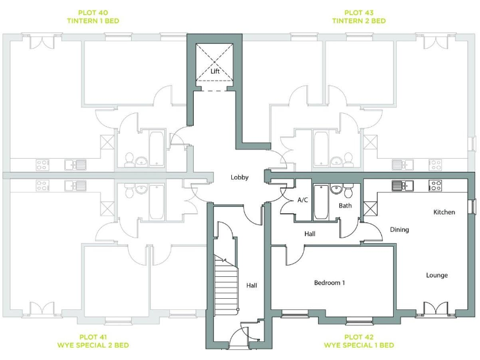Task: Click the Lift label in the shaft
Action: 215,71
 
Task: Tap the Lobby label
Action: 239,177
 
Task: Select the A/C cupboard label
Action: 302,200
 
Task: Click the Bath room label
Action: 346,205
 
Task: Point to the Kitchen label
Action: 444,212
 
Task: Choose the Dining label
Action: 399,230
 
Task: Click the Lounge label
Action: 437,275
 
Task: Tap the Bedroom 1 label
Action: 329,283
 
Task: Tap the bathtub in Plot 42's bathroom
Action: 321,202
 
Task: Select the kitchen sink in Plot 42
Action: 399,186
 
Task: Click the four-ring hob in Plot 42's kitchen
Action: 436,186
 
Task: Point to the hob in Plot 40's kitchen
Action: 42,165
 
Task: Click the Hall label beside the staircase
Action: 251,286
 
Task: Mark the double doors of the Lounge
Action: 436,309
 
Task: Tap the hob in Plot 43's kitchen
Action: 436,165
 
